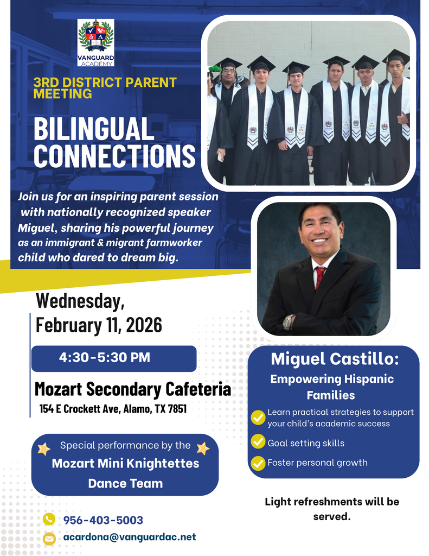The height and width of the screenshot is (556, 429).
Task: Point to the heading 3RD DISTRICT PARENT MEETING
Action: pyautogui.click(x=105, y=88)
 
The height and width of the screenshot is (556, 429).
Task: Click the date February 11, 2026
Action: pyautogui.click(x=99, y=325)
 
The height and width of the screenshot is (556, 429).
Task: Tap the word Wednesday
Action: pyautogui.click(x=80, y=300)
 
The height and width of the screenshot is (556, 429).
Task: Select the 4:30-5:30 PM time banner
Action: pyautogui.click(x=114, y=358)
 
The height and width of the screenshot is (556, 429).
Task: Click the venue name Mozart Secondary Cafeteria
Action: pyautogui.click(x=132, y=389)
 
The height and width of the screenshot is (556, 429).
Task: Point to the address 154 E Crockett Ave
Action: pyautogui.click(x=113, y=409)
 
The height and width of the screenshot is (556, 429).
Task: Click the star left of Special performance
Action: pyautogui.click(x=44, y=448)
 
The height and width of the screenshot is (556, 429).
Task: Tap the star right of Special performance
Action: pyautogui.click(x=203, y=448)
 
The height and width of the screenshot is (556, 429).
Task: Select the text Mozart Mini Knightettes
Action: pyautogui.click(x=125, y=464)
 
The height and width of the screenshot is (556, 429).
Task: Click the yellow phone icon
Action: pyautogui.click(x=49, y=520)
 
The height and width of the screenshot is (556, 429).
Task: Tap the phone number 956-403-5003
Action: pyautogui.click(x=103, y=520)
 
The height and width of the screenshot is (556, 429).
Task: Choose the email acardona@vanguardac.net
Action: pyautogui.click(x=129, y=537)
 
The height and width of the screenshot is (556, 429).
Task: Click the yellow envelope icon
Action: pyautogui.click(x=49, y=538)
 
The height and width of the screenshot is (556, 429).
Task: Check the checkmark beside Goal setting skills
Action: pyautogui.click(x=258, y=443)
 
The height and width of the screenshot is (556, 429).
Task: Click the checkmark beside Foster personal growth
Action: pyautogui.click(x=258, y=463)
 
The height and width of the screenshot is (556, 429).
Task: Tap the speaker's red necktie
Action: pyautogui.click(x=320, y=276)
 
